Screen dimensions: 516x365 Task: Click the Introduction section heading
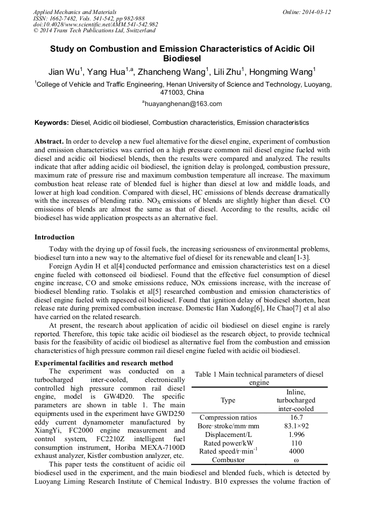(54, 237)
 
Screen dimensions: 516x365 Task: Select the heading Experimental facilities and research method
(104, 363)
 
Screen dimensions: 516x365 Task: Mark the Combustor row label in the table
(228, 460)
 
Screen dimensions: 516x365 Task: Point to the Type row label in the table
(228, 401)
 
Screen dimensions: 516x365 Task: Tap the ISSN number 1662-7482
(63, 18)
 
